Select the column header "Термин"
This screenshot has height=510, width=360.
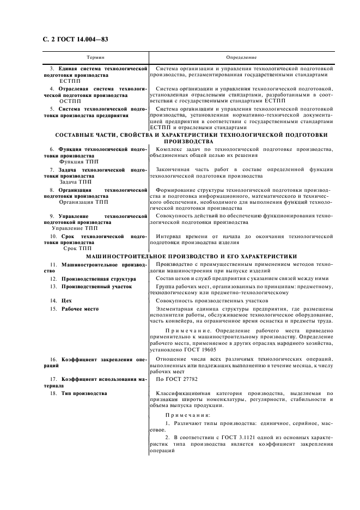95,57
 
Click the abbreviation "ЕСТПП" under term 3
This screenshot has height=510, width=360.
71,81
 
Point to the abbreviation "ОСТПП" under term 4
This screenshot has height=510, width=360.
71,101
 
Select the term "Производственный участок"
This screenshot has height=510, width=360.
96,286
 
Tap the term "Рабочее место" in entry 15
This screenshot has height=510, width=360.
80,309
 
